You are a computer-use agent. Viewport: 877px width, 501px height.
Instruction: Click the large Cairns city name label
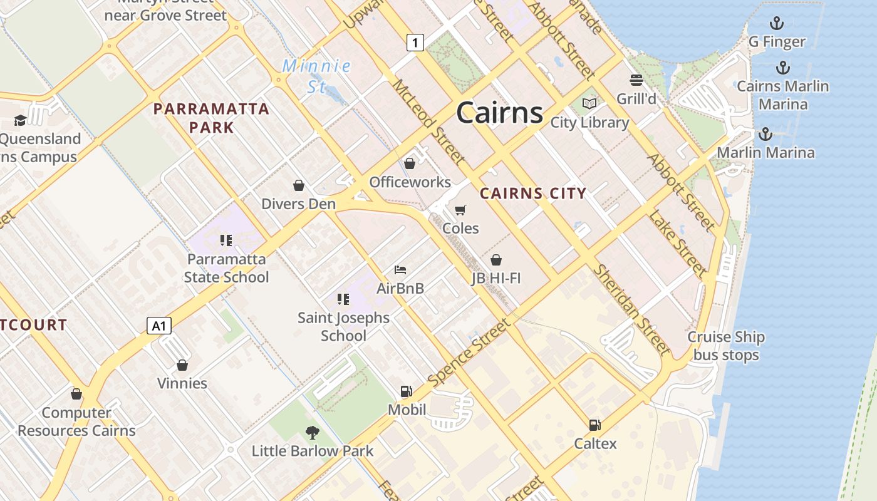(499, 113)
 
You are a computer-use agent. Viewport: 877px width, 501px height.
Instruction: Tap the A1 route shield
(159, 326)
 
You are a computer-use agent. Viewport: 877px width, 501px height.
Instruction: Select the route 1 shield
(415, 43)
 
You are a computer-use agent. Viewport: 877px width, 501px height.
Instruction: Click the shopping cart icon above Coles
(460, 210)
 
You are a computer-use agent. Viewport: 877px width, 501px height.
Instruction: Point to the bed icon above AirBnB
(400, 270)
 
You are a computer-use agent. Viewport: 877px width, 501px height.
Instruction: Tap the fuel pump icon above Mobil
(407, 391)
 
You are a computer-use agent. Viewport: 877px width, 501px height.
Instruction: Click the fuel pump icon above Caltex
(595, 425)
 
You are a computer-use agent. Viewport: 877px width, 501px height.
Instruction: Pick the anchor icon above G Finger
(777, 24)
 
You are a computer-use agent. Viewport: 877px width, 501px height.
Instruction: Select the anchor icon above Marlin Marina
(765, 134)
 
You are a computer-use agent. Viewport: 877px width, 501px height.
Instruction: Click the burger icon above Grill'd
(636, 80)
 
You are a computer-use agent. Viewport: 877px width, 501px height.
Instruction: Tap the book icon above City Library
(589, 103)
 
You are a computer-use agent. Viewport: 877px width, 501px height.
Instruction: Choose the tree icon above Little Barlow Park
(312, 432)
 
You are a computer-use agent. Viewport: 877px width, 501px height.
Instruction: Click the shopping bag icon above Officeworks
(410, 163)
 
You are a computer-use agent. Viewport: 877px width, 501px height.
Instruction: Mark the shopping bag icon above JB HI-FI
(496, 259)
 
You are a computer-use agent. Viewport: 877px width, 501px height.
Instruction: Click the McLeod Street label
(429, 120)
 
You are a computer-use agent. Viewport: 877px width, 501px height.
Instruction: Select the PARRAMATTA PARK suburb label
(211, 118)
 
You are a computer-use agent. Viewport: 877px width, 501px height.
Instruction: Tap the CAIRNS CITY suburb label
(532, 194)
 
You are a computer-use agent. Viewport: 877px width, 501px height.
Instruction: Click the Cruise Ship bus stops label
(726, 346)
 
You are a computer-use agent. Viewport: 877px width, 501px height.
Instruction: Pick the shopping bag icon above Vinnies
(182, 364)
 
